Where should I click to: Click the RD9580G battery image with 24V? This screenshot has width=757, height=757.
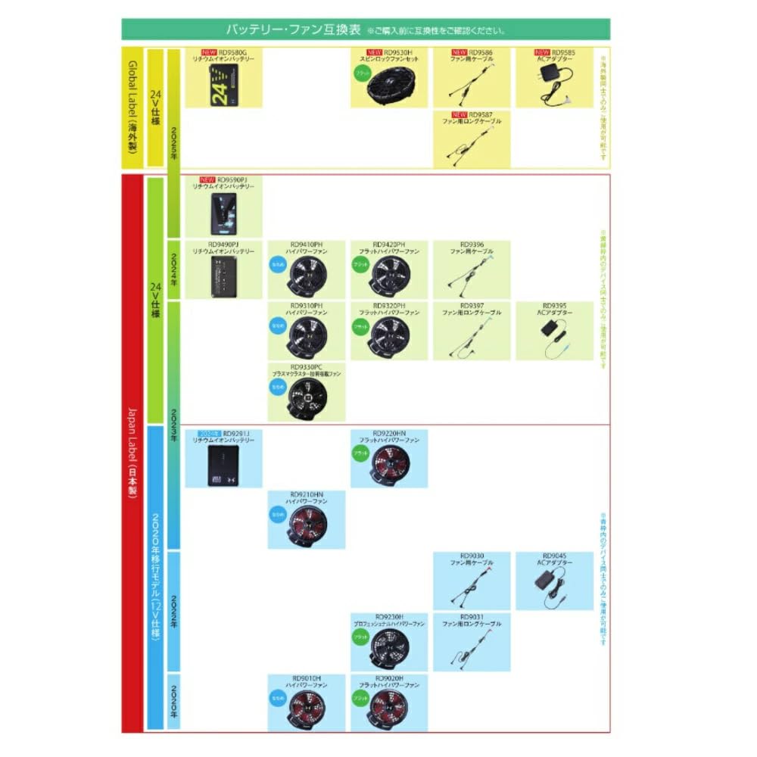(225, 84)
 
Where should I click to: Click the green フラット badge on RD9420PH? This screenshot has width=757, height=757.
(361, 265)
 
